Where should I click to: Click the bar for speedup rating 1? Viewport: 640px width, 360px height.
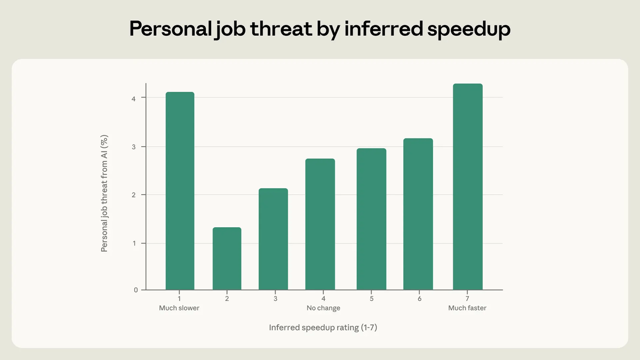click(180, 191)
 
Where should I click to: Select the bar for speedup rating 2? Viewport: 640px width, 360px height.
click(227, 259)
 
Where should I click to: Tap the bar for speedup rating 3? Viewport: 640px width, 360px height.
click(273, 239)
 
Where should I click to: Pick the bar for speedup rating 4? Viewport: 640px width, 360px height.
click(320, 224)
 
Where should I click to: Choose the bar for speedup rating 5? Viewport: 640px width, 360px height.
click(371, 219)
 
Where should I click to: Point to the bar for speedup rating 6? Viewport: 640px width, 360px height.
click(418, 214)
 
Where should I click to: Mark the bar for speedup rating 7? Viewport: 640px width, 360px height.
click(468, 187)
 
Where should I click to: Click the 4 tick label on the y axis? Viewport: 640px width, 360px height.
click(135, 98)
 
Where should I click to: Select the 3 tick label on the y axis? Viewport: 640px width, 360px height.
click(135, 147)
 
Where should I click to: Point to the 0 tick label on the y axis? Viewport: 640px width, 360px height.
click(135, 290)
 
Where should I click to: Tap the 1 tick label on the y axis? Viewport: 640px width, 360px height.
click(135, 243)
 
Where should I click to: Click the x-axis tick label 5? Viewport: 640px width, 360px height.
click(371, 299)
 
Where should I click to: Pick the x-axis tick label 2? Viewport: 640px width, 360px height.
click(227, 299)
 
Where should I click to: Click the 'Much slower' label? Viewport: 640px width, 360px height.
click(179, 308)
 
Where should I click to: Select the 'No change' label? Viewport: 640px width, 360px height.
click(323, 308)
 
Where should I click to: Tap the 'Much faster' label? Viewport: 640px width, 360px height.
click(467, 308)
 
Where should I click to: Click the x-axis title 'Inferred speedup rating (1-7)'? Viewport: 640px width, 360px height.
click(324, 328)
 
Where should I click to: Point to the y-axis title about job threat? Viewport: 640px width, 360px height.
click(105, 193)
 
